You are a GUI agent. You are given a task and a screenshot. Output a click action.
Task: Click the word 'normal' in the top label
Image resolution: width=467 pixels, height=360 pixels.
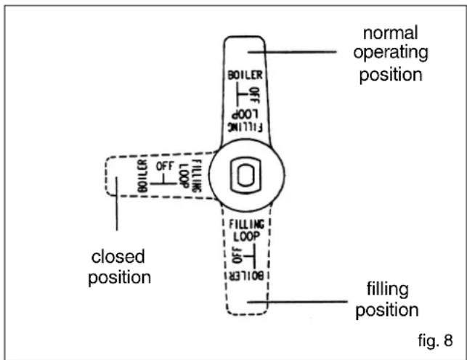(x=391, y=33)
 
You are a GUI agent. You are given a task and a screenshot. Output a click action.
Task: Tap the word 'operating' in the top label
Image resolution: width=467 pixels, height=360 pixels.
(x=391, y=53)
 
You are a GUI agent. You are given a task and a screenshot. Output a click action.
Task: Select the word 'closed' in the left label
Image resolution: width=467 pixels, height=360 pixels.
(x=118, y=256)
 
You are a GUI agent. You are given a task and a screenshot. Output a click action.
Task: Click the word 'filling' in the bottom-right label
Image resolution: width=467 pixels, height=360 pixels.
(x=387, y=289)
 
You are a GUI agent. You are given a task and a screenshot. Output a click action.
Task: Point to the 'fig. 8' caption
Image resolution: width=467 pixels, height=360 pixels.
(x=435, y=340)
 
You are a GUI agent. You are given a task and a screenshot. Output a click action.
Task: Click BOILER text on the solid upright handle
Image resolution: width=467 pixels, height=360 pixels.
(x=245, y=75)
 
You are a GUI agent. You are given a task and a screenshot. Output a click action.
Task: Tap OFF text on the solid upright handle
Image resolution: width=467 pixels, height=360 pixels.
(x=255, y=96)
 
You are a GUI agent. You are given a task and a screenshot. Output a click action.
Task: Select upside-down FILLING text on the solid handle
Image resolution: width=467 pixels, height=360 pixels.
(x=245, y=127)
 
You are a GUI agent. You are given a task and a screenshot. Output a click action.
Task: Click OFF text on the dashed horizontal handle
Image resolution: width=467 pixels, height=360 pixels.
(x=165, y=165)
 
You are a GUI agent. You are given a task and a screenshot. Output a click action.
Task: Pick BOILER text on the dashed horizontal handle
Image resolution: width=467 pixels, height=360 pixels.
(x=142, y=176)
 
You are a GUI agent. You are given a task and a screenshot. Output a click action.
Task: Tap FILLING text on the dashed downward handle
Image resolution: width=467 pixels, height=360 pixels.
(x=246, y=224)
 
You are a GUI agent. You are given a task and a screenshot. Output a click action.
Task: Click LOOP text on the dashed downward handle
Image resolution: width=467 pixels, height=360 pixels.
(x=246, y=237)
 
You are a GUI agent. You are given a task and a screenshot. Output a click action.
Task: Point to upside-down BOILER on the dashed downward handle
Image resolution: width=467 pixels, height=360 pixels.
(x=246, y=276)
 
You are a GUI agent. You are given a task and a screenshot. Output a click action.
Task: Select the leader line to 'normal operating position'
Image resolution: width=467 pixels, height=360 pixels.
(x=292, y=52)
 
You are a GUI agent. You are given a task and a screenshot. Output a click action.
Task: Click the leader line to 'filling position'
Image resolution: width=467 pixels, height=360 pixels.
(x=297, y=302)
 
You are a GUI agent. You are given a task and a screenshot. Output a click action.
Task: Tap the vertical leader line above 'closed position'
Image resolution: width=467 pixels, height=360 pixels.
(x=117, y=204)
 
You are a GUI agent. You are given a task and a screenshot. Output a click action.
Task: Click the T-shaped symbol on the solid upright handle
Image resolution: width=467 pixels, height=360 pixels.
(x=242, y=94)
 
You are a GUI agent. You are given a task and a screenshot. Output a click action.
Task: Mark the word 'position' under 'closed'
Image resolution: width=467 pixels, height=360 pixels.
(x=119, y=278)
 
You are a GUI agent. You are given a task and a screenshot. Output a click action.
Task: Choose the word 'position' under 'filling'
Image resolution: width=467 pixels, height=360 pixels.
(x=387, y=311)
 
